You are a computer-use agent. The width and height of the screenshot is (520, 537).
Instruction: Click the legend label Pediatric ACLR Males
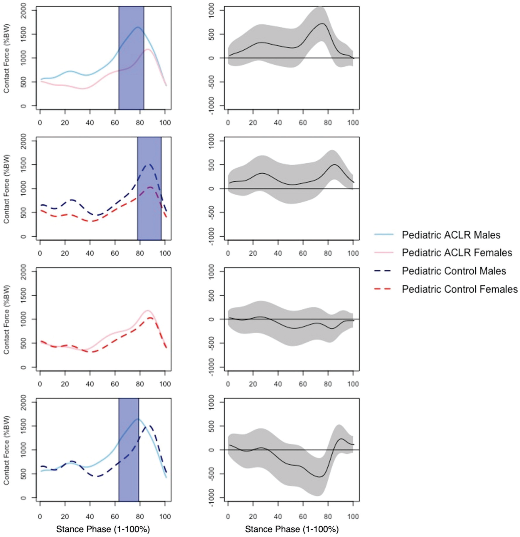[451, 235]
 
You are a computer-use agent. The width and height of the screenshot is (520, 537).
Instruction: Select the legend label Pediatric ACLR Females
[457, 253]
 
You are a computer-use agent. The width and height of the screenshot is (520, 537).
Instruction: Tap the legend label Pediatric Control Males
[454, 271]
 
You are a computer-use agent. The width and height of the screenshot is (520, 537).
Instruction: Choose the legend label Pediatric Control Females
[460, 289]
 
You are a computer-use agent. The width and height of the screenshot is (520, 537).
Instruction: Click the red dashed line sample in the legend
[383, 289]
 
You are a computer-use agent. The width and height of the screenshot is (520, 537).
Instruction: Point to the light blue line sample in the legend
[383, 234]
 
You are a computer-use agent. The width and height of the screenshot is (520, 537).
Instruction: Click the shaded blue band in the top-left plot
[131, 58]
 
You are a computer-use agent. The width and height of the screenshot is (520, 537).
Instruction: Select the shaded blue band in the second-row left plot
[149, 189]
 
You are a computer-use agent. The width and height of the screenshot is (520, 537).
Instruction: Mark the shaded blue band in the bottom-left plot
[129, 450]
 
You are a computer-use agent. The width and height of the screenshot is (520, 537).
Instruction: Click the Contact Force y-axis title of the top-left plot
[6, 58]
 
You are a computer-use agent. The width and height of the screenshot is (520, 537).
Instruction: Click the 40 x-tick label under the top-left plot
[90, 122]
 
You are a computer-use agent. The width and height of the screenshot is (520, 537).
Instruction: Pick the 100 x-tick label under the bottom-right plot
[353, 516]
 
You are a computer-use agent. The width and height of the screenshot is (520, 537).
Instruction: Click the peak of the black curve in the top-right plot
[322, 23]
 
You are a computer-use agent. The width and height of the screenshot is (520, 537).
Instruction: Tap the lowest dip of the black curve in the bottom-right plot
[319, 477]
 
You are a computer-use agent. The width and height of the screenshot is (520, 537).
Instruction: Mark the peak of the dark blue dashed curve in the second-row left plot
[149, 164]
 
